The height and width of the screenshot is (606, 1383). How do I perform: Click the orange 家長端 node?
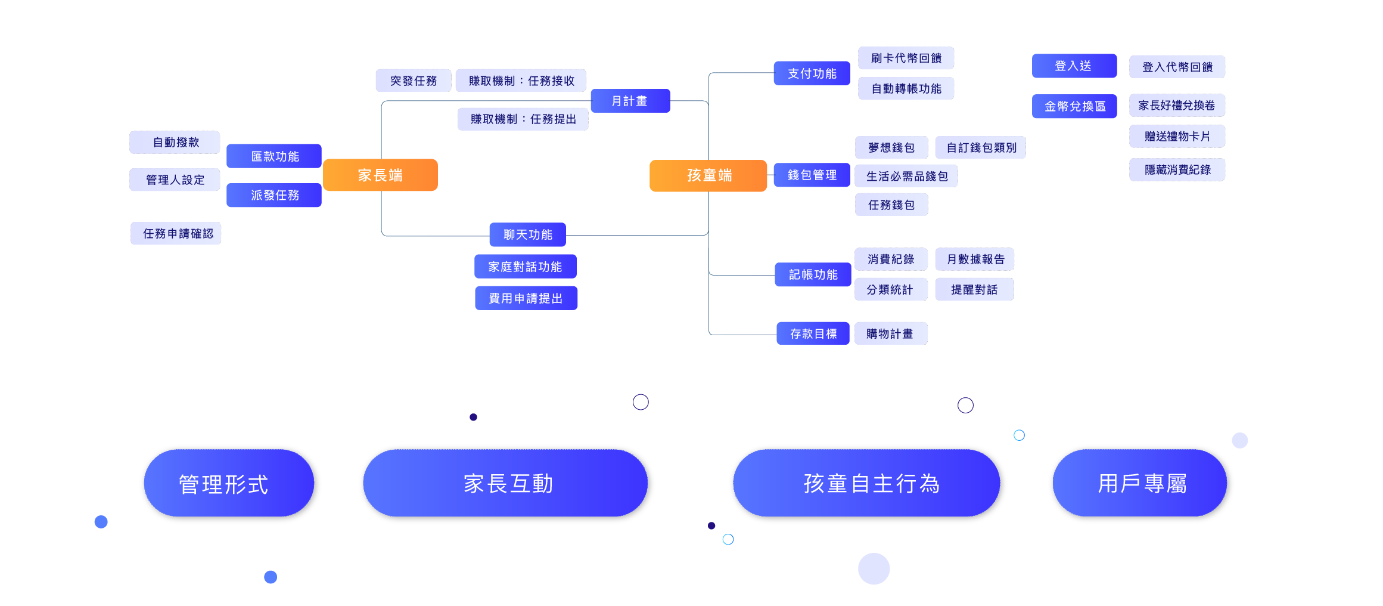click(380, 175)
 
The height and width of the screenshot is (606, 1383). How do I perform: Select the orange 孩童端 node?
click(708, 175)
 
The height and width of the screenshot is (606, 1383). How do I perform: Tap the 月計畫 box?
click(630, 101)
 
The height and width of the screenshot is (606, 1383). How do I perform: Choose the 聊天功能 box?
click(527, 234)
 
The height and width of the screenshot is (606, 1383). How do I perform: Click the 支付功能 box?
click(812, 73)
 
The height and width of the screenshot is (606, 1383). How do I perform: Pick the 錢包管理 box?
click(812, 175)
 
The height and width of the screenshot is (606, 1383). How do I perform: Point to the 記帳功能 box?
click(813, 274)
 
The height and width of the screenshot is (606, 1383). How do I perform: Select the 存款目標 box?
click(813, 333)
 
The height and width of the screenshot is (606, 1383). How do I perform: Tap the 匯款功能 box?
click(274, 156)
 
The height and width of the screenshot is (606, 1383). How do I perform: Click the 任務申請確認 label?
click(176, 233)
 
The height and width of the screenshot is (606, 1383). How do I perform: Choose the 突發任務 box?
click(413, 81)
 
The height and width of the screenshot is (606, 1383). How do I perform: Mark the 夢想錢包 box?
click(891, 147)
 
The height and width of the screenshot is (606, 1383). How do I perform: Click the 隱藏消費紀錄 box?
click(1177, 169)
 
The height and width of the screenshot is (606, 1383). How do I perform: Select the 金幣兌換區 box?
click(1074, 106)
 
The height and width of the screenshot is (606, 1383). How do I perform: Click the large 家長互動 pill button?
click(507, 484)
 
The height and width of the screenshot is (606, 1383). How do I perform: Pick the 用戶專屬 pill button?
click(1141, 484)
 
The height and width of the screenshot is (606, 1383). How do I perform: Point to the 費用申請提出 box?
click(526, 298)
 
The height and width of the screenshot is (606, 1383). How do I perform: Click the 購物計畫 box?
click(891, 333)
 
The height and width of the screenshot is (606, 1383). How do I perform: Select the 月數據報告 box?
click(975, 259)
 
